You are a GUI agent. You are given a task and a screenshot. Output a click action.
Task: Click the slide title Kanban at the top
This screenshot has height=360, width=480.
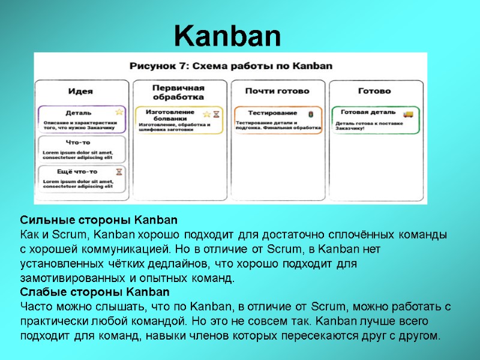(227, 37)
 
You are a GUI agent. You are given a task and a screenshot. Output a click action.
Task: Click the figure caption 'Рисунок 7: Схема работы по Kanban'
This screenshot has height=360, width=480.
(230, 66)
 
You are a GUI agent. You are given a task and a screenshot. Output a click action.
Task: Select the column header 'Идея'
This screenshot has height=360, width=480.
(80, 91)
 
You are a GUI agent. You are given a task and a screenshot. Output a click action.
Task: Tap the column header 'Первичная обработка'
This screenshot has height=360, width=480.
(178, 92)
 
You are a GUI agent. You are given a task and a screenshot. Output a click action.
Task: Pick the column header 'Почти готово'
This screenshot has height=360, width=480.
(277, 91)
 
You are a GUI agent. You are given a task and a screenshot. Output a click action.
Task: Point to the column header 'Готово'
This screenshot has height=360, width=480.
(374, 91)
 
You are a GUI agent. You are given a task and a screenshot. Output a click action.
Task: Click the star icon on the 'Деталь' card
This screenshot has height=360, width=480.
(119, 112)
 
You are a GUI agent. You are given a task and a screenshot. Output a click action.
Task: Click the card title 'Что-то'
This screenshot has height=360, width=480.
(78, 142)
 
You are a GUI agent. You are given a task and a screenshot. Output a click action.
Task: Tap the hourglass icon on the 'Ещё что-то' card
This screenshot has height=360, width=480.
(119, 172)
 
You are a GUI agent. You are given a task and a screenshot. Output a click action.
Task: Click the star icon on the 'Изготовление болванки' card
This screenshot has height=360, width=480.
(206, 114)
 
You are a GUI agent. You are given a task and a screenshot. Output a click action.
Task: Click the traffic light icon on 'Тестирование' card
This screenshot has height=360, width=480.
(310, 113)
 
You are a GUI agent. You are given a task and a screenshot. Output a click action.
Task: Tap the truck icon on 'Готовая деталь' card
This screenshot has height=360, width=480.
(408, 113)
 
